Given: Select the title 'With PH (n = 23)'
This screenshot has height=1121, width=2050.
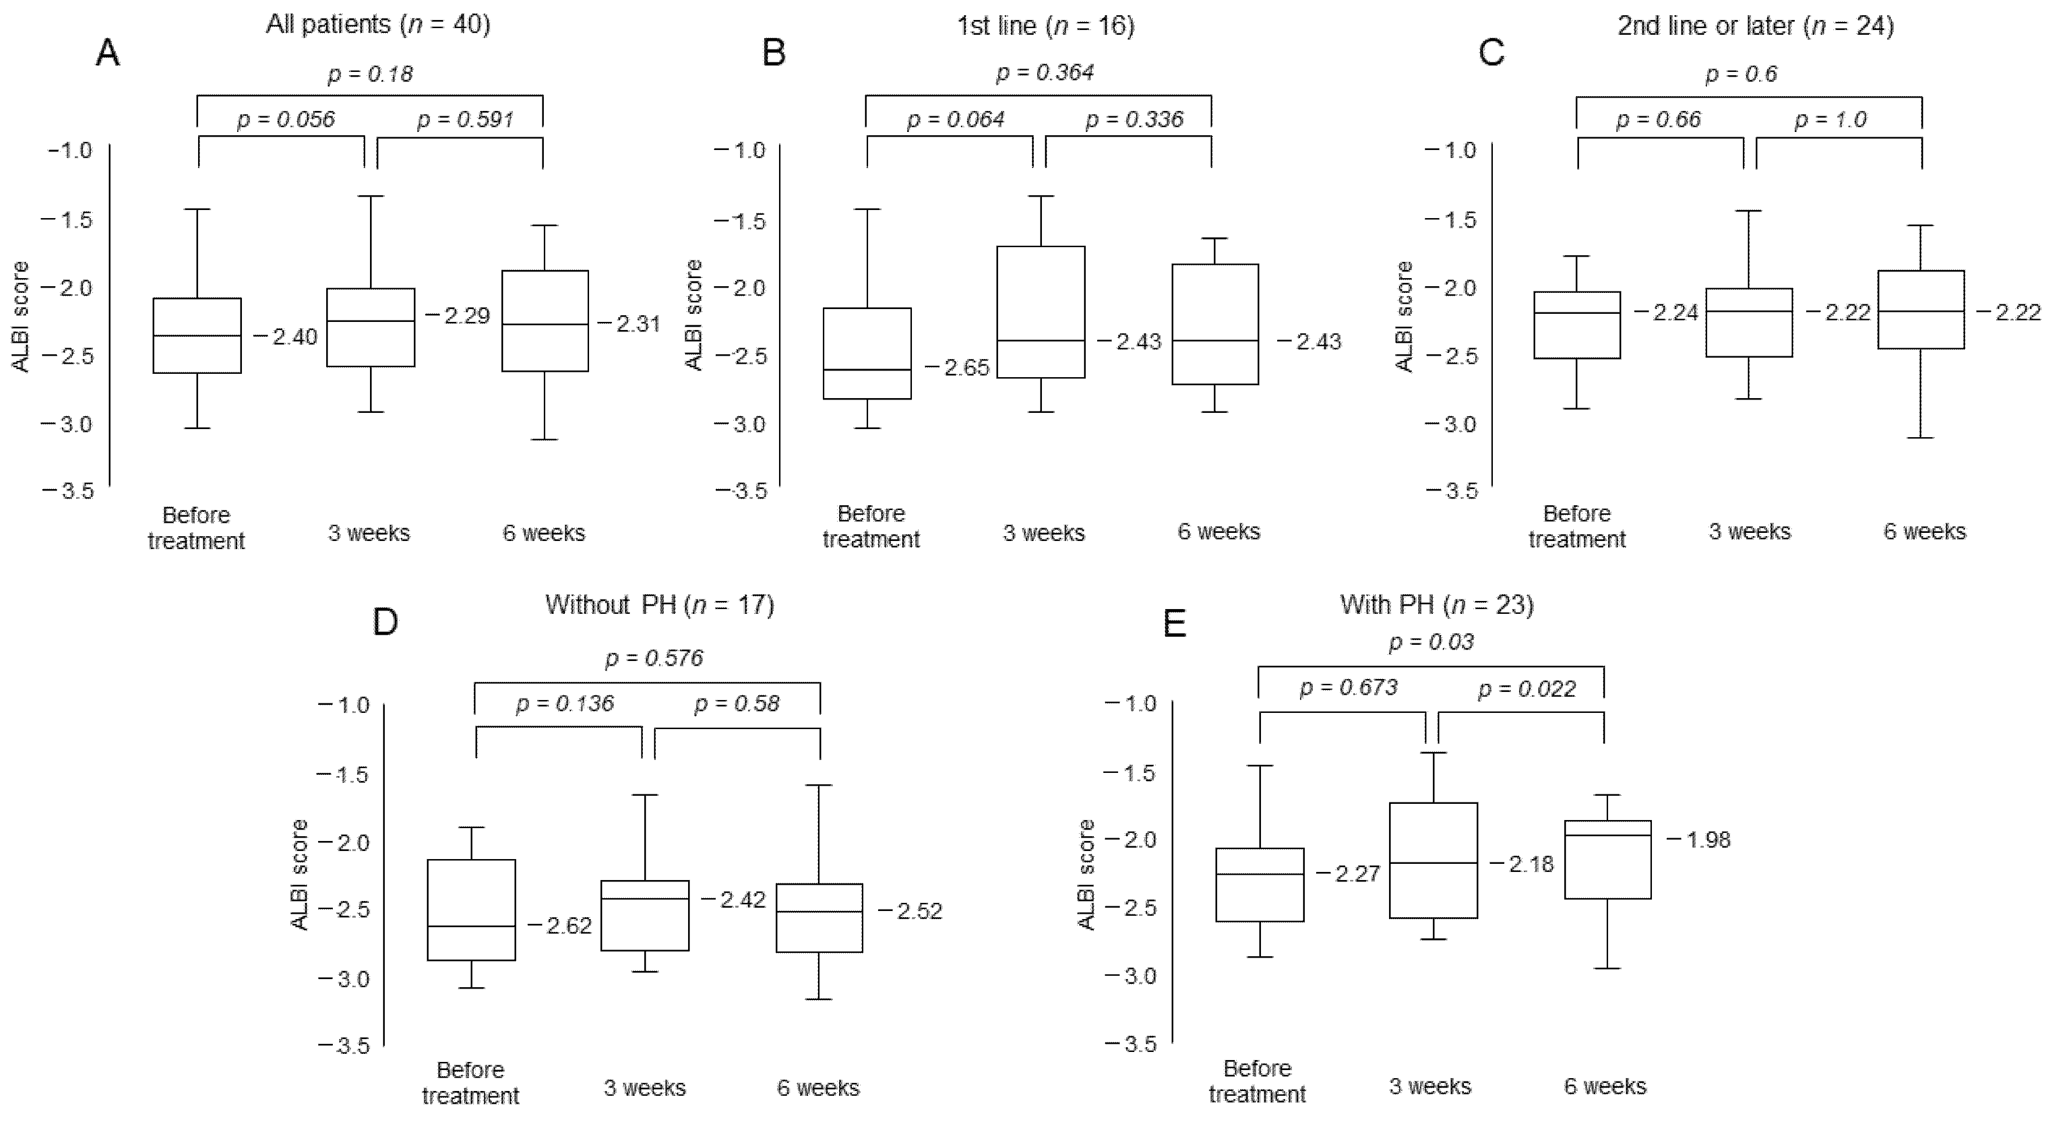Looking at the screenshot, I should click(x=1437, y=605).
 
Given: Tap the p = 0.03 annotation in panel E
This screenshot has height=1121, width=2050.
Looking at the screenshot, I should click(x=1431, y=641).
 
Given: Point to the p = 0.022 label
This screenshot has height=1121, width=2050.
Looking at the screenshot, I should click(x=1526, y=688).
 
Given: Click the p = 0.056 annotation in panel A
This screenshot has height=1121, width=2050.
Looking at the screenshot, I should click(x=286, y=120).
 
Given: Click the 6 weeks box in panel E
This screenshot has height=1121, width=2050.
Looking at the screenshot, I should click(x=1608, y=859).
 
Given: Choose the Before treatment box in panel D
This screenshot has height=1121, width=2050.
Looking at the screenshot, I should click(x=471, y=910).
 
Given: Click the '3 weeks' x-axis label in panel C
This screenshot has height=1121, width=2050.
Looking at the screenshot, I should click(x=1749, y=531).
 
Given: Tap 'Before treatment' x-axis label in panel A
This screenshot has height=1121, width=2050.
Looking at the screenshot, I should click(x=196, y=528).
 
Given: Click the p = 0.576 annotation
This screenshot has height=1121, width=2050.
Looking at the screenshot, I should click(x=654, y=658).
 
